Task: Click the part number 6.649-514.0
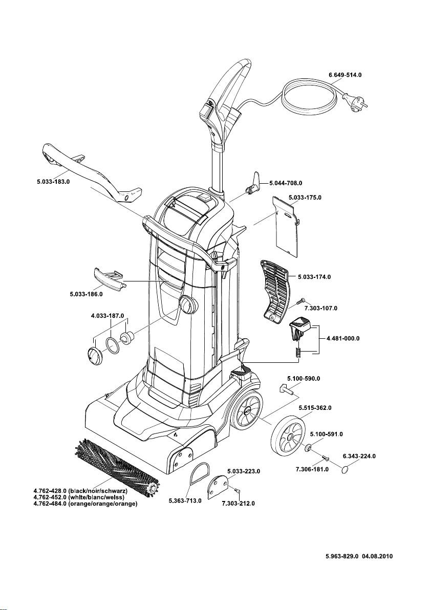(x=348, y=75)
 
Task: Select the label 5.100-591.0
(x=326, y=434)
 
